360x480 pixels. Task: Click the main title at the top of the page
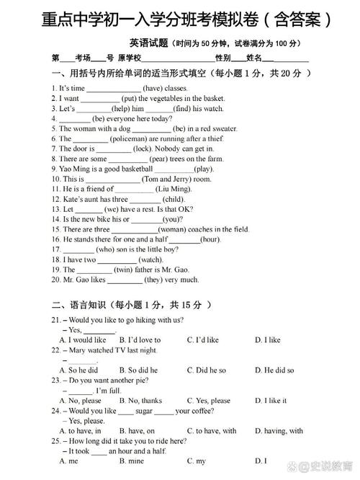[x=180, y=17]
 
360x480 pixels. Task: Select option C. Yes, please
[x=209, y=401]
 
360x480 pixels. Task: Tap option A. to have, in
[x=81, y=431]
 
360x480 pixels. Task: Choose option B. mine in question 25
[x=132, y=461]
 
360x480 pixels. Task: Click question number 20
[x=55, y=280]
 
